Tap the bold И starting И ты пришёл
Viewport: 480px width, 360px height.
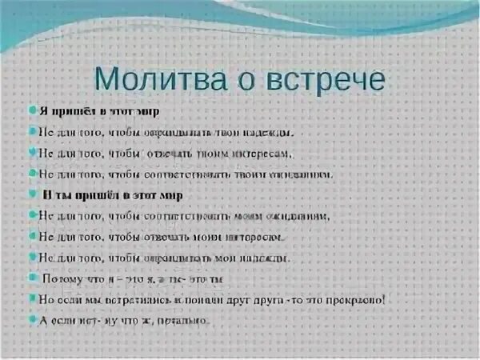[48, 195]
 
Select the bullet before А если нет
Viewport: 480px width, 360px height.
[34, 321]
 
